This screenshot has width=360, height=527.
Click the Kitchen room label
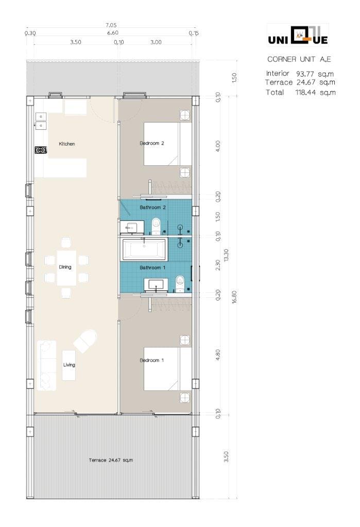67,144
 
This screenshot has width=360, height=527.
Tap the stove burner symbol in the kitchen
41,150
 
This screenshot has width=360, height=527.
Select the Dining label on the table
65,267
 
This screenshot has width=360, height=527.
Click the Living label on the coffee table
69,365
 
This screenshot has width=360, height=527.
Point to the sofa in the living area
46,365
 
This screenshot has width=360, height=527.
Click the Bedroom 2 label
152,143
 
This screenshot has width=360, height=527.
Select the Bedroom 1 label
152,360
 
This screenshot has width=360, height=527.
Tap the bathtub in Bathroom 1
144,250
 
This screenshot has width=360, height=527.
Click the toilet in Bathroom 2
156,226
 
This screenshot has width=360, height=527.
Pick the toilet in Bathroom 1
180,284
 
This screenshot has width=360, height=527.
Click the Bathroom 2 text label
153,207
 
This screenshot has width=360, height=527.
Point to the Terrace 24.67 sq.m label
111,460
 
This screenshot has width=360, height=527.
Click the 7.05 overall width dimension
111,25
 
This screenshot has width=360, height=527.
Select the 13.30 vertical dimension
226,255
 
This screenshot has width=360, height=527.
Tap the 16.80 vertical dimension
234,297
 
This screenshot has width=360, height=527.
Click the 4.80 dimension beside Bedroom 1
218,355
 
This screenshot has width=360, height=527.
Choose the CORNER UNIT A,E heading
299,60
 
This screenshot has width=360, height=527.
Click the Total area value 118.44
306,93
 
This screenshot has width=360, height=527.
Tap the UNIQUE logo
298,36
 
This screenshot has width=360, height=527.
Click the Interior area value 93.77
305,74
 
